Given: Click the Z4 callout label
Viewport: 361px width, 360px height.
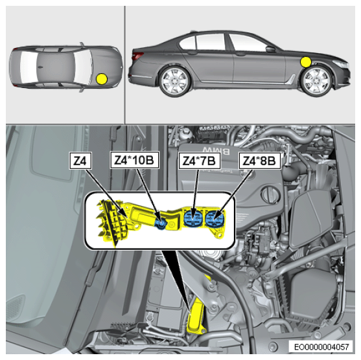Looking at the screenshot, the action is tap(80, 161).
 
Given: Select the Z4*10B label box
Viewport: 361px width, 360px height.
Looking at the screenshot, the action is tap(134, 160).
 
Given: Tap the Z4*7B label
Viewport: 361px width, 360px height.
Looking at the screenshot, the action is tap(199, 161).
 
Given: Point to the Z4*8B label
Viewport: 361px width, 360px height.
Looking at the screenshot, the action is tap(260, 161).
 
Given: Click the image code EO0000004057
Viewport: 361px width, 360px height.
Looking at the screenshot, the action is tap(321, 346).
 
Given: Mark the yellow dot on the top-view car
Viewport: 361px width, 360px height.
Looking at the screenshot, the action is tap(102, 79).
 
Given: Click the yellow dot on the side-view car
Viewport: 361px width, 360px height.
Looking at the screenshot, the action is tap(306, 62).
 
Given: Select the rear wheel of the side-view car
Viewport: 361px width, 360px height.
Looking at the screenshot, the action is tap(175, 82).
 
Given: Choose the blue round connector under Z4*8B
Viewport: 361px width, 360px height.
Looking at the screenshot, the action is tap(215, 219).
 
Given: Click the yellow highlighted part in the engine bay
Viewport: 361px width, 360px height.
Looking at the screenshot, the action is tap(195, 316).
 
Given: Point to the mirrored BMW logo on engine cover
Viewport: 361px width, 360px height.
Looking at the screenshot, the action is tap(215, 151).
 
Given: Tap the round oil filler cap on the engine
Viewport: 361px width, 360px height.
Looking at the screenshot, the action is tap(270, 196).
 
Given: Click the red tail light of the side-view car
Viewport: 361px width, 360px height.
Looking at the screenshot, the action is tap(137, 56).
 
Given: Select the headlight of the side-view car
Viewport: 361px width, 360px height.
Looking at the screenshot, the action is tap(340, 63).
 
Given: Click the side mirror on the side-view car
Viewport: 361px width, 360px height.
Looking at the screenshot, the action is tap(270, 49).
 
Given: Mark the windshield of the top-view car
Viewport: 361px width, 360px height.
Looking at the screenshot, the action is tap(83, 67).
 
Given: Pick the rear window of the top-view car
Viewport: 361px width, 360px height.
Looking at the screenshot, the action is tap(29, 67).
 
